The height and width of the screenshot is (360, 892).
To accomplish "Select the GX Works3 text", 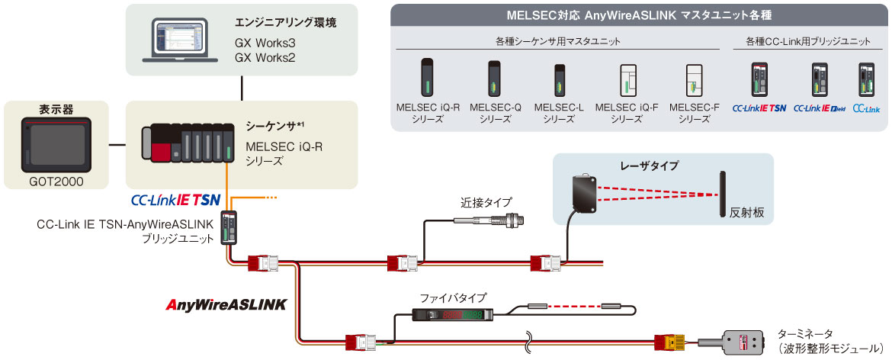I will [265, 43].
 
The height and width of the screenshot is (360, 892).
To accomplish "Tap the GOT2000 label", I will [56, 182].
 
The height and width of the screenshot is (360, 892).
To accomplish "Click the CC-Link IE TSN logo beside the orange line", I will [176, 201].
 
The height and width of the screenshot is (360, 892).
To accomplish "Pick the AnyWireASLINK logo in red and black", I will [226, 304].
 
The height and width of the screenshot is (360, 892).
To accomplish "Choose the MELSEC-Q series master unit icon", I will [493, 80].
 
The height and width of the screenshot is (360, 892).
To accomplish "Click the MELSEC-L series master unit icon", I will [559, 81].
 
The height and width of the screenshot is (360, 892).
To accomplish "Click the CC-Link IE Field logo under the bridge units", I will [820, 108].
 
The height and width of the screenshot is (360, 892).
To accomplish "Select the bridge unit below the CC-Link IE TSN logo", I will [229, 227].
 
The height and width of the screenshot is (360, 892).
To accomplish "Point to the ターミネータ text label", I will [804, 333].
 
